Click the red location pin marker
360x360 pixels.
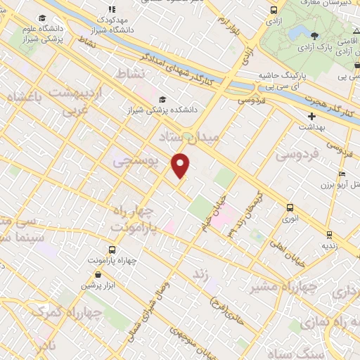click(x=181, y=165)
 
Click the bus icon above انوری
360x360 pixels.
click(x=289, y=207)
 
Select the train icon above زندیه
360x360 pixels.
click(x=328, y=234)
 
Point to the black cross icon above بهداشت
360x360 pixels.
click(x=311, y=115)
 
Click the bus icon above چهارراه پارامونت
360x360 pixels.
click(x=112, y=250)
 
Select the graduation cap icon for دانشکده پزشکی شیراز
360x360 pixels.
click(x=162, y=99)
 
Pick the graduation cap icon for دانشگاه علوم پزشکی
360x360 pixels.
click(x=42, y=18)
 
